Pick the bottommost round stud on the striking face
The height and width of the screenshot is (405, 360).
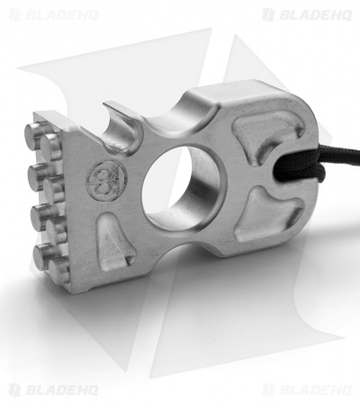[59, 272]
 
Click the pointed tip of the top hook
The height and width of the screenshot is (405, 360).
[104, 103]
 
